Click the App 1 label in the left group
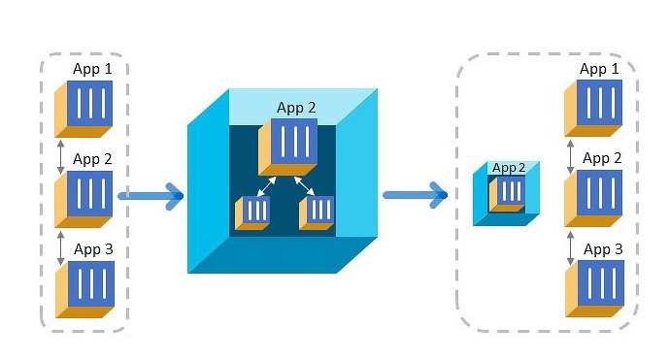(92, 69)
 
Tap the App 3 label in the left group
(93, 249)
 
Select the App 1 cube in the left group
(84, 110)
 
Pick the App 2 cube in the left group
(84, 199)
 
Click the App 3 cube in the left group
(84, 289)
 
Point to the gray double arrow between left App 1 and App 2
(60, 156)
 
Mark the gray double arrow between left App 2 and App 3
(60, 247)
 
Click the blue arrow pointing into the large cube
(151, 196)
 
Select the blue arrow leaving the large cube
(416, 195)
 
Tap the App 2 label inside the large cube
(296, 108)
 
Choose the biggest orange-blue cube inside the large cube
(288, 147)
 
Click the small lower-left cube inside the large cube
(252, 213)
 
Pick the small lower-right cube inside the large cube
(317, 213)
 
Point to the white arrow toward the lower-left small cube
(267, 186)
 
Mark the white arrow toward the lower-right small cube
(304, 186)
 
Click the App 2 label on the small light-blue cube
(509, 168)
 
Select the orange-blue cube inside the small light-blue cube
(507, 194)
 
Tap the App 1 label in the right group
(599, 69)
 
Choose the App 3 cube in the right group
(595, 289)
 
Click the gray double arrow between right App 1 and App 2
(570, 156)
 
